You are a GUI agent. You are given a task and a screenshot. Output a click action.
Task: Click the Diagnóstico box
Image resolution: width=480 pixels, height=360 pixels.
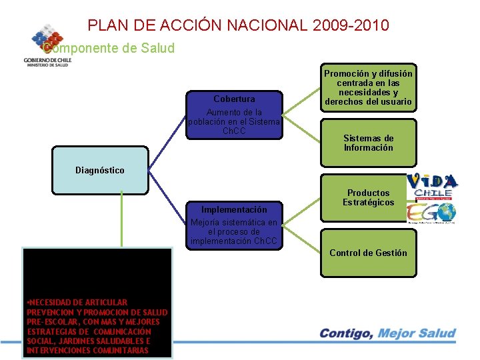tap(100, 170)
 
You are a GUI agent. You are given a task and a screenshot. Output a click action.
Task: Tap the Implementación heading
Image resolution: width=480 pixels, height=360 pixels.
tap(233, 209)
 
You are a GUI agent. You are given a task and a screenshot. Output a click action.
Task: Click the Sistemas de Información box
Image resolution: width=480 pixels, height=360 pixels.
tap(368, 143)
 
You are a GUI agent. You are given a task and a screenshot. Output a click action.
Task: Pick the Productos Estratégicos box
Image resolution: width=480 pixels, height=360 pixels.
tap(368, 198)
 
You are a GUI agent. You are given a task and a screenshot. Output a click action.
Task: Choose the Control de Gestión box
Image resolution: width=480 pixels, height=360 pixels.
tap(368, 253)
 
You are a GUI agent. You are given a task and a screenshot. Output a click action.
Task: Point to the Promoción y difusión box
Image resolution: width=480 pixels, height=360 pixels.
tap(368, 88)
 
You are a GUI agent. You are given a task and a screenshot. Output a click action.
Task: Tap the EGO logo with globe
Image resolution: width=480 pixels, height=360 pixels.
tap(432, 213)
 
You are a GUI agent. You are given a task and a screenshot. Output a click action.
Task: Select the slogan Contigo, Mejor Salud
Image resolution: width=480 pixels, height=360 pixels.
tap(387, 333)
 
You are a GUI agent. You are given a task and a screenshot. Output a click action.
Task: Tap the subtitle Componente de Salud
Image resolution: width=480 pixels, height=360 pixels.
tap(108, 48)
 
